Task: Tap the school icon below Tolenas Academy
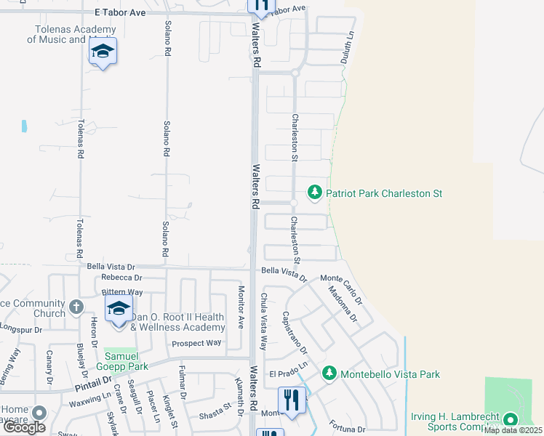(x=103, y=52)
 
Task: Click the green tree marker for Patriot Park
(x=315, y=193)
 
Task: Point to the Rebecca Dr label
(x=121, y=278)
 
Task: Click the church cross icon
(x=77, y=307)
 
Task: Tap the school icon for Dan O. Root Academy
(x=119, y=308)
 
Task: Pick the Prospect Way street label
(x=196, y=343)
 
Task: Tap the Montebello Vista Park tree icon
(x=329, y=373)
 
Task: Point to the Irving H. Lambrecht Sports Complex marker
(x=510, y=419)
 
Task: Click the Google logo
(x=25, y=428)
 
